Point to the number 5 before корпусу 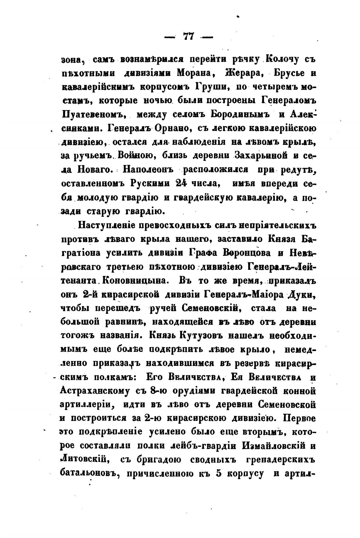(218, 473)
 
